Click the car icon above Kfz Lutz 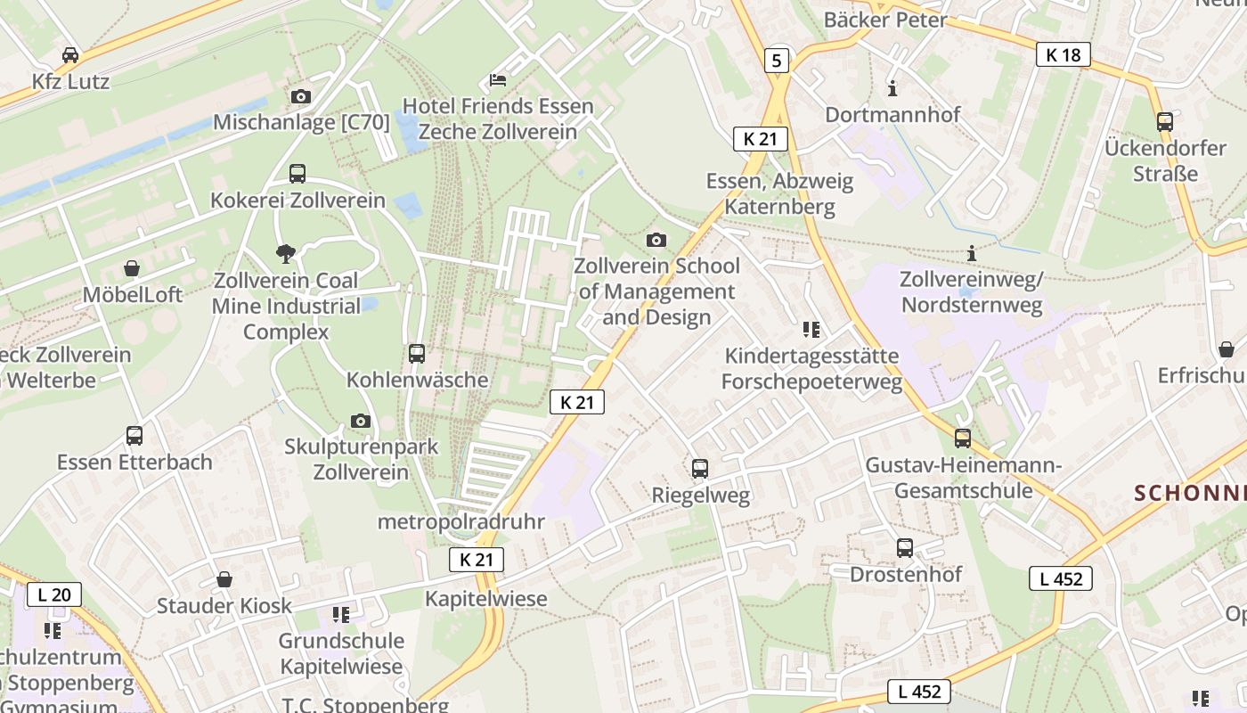[69, 55]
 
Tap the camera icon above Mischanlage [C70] [301, 96]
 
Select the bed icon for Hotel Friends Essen [498, 80]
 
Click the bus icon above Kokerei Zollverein [297, 174]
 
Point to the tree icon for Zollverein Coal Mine [286, 254]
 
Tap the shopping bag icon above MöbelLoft [132, 268]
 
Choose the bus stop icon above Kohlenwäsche [417, 354]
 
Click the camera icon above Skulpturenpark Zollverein [361, 421]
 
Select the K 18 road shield [1064, 55]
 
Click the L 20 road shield [54, 594]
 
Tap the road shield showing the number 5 [777, 61]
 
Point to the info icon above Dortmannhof [892, 88]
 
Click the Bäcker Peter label [885, 20]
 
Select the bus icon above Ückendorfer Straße [1164, 122]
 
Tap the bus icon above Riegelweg [700, 469]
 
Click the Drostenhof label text [905, 574]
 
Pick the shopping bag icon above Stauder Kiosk [224, 579]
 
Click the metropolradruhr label [460, 521]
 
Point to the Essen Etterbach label [134, 462]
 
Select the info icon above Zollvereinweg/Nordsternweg [971, 253]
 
